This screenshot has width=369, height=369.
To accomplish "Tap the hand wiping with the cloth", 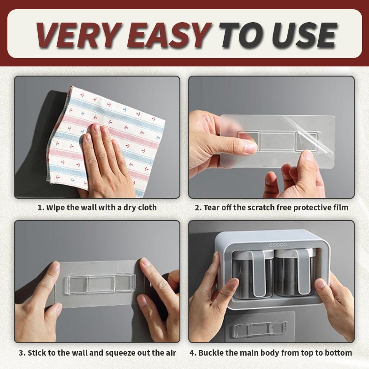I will coord(104,161).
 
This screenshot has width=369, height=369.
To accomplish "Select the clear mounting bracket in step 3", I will coord(99,283).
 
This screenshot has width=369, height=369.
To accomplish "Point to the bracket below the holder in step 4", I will coord(263,329).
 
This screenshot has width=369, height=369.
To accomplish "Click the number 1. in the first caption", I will coord(41,208).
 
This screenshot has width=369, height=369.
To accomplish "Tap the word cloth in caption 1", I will coord(145,208).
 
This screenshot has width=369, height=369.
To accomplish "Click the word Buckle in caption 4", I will coord(214,353).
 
